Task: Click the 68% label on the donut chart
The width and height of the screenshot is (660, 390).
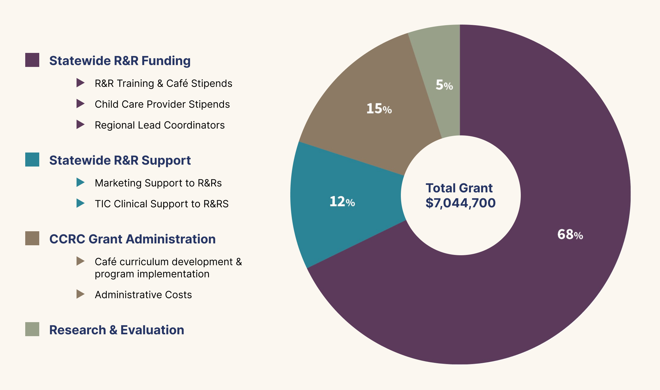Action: pos(570,235)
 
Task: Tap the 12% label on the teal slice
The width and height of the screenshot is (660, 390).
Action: pos(342,202)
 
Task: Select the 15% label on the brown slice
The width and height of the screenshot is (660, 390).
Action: pos(379,109)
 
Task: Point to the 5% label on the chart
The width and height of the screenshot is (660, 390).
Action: pos(444,85)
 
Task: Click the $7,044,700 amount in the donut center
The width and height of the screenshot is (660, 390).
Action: pos(460,203)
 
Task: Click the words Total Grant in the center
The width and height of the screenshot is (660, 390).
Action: pos(459,188)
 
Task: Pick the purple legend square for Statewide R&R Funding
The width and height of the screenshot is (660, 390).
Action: pos(32,60)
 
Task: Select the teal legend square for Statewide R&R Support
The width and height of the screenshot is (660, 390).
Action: pos(32,159)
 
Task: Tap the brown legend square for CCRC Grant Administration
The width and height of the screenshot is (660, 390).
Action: pos(32,238)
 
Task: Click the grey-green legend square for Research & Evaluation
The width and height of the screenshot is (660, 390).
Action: pos(32,329)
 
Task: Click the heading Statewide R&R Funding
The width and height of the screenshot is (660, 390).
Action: pos(120,61)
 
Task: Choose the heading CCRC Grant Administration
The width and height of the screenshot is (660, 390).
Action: pos(132,239)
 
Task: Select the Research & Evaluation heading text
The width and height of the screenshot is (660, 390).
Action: pos(116,330)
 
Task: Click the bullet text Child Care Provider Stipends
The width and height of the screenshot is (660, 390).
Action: pos(162,104)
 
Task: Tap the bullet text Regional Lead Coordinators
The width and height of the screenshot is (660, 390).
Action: pos(159,125)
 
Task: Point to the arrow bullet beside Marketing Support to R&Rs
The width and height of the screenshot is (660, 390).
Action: pos(80,182)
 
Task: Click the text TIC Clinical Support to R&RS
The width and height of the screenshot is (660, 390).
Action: pos(161,204)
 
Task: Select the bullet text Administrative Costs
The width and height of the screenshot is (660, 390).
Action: pos(143,295)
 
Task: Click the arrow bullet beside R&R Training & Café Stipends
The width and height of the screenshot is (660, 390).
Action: pos(80,83)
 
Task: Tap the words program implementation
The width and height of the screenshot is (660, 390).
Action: pos(152,274)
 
